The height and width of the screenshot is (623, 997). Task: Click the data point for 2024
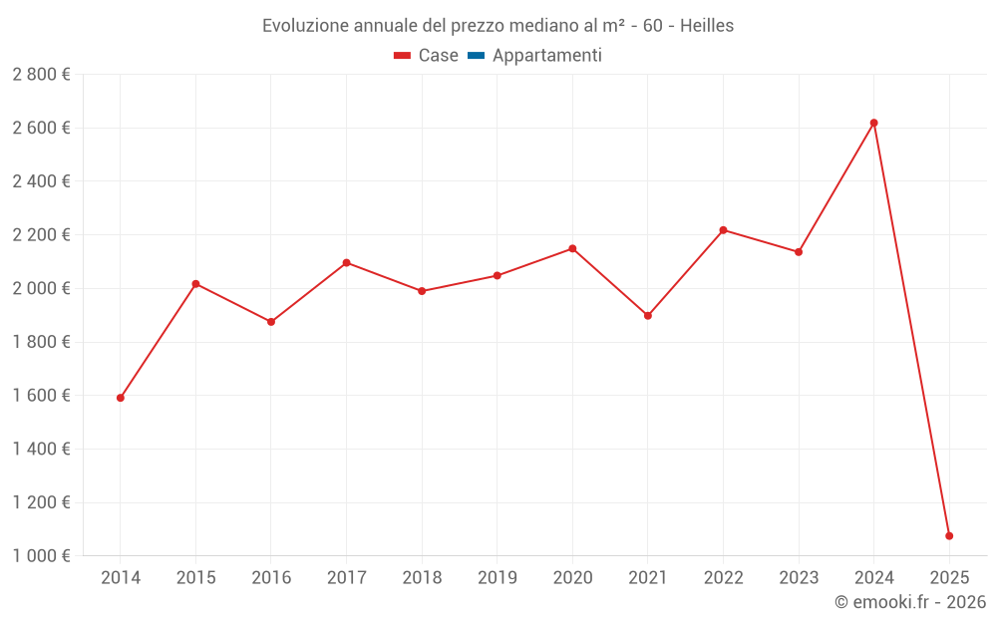[x=873, y=123]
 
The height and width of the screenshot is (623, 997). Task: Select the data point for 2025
[x=949, y=536]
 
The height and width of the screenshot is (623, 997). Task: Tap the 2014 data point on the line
[x=121, y=398]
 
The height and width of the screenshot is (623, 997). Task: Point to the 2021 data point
[x=648, y=316]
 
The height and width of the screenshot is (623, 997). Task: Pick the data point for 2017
[x=346, y=263]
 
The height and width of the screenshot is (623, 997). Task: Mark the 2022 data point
[x=723, y=230]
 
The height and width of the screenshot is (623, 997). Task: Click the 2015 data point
[x=195, y=284]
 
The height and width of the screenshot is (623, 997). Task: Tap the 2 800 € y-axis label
[x=41, y=75]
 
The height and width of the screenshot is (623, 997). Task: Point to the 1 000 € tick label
[x=41, y=556]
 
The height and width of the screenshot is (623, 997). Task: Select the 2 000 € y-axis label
[x=41, y=289]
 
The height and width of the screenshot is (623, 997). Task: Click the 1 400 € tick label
[x=41, y=450]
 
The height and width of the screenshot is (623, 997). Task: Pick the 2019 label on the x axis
[x=497, y=578]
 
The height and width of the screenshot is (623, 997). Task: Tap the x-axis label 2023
[x=799, y=578]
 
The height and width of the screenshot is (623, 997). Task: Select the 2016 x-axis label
[x=271, y=578]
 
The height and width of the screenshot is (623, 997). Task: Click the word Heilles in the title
[x=707, y=26]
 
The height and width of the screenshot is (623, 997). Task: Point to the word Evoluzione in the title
[x=305, y=26]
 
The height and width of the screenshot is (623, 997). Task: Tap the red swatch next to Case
[x=403, y=56]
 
